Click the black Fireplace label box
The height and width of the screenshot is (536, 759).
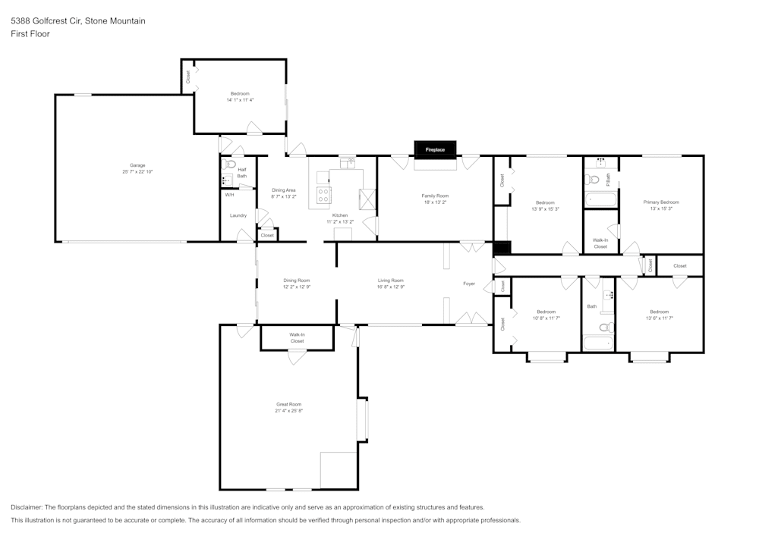tap(435, 149)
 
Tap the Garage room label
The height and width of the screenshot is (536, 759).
tap(137, 165)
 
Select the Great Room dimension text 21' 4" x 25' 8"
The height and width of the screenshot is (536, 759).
tap(289, 411)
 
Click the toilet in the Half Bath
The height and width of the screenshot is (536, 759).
tap(231, 164)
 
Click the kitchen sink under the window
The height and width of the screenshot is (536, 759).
tap(348, 161)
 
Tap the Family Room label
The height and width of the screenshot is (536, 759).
tap(436, 196)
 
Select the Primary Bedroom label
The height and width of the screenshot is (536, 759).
tap(660, 202)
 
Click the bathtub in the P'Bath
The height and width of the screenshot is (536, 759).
tap(600, 200)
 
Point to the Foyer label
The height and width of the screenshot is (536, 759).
tap(469, 284)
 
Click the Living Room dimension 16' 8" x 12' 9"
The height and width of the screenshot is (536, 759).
tap(391, 287)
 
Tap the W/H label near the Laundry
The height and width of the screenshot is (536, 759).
tap(228, 195)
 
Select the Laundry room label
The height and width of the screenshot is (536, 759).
tap(238, 215)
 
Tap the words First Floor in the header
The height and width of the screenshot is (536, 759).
tap(30, 34)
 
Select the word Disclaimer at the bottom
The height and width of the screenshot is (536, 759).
tap(27, 506)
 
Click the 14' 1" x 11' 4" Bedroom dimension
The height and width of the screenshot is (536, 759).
tap(240, 100)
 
